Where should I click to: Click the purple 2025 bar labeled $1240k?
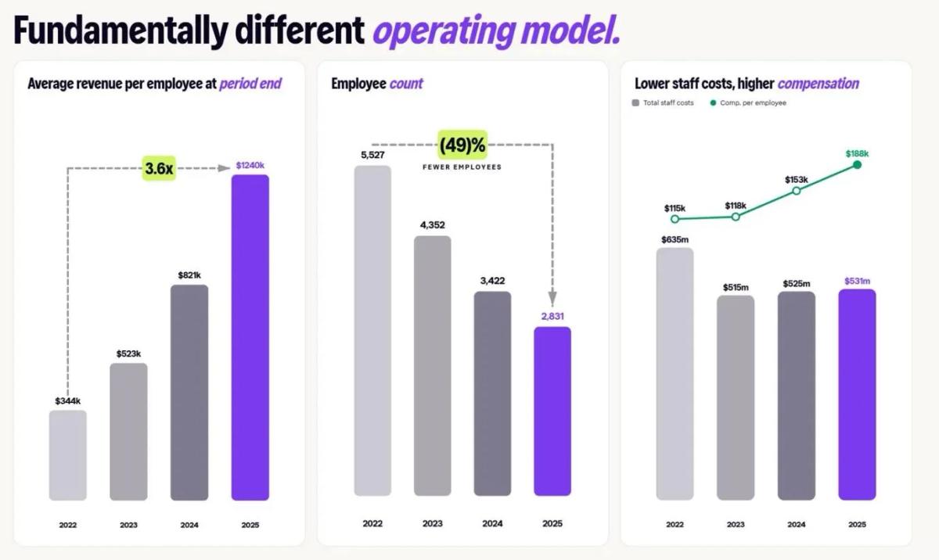[x=250, y=337]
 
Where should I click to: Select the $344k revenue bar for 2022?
[x=67, y=455]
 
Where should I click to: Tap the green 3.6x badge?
[x=158, y=168]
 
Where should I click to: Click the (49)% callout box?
[x=462, y=145]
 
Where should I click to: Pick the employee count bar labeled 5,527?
[x=372, y=330]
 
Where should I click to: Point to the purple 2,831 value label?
[x=552, y=316]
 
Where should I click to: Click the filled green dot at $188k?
[x=857, y=164]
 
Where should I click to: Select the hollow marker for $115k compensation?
[x=675, y=219]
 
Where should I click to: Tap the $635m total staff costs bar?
[x=675, y=373]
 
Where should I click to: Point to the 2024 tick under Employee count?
[x=492, y=523]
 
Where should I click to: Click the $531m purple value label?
[x=857, y=281]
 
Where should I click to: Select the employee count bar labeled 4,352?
[x=432, y=365]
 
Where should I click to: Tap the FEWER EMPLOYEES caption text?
[x=462, y=167]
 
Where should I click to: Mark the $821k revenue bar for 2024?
[x=189, y=392]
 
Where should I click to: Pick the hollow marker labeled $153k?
[x=796, y=190]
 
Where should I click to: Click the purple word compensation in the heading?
[x=818, y=84]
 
